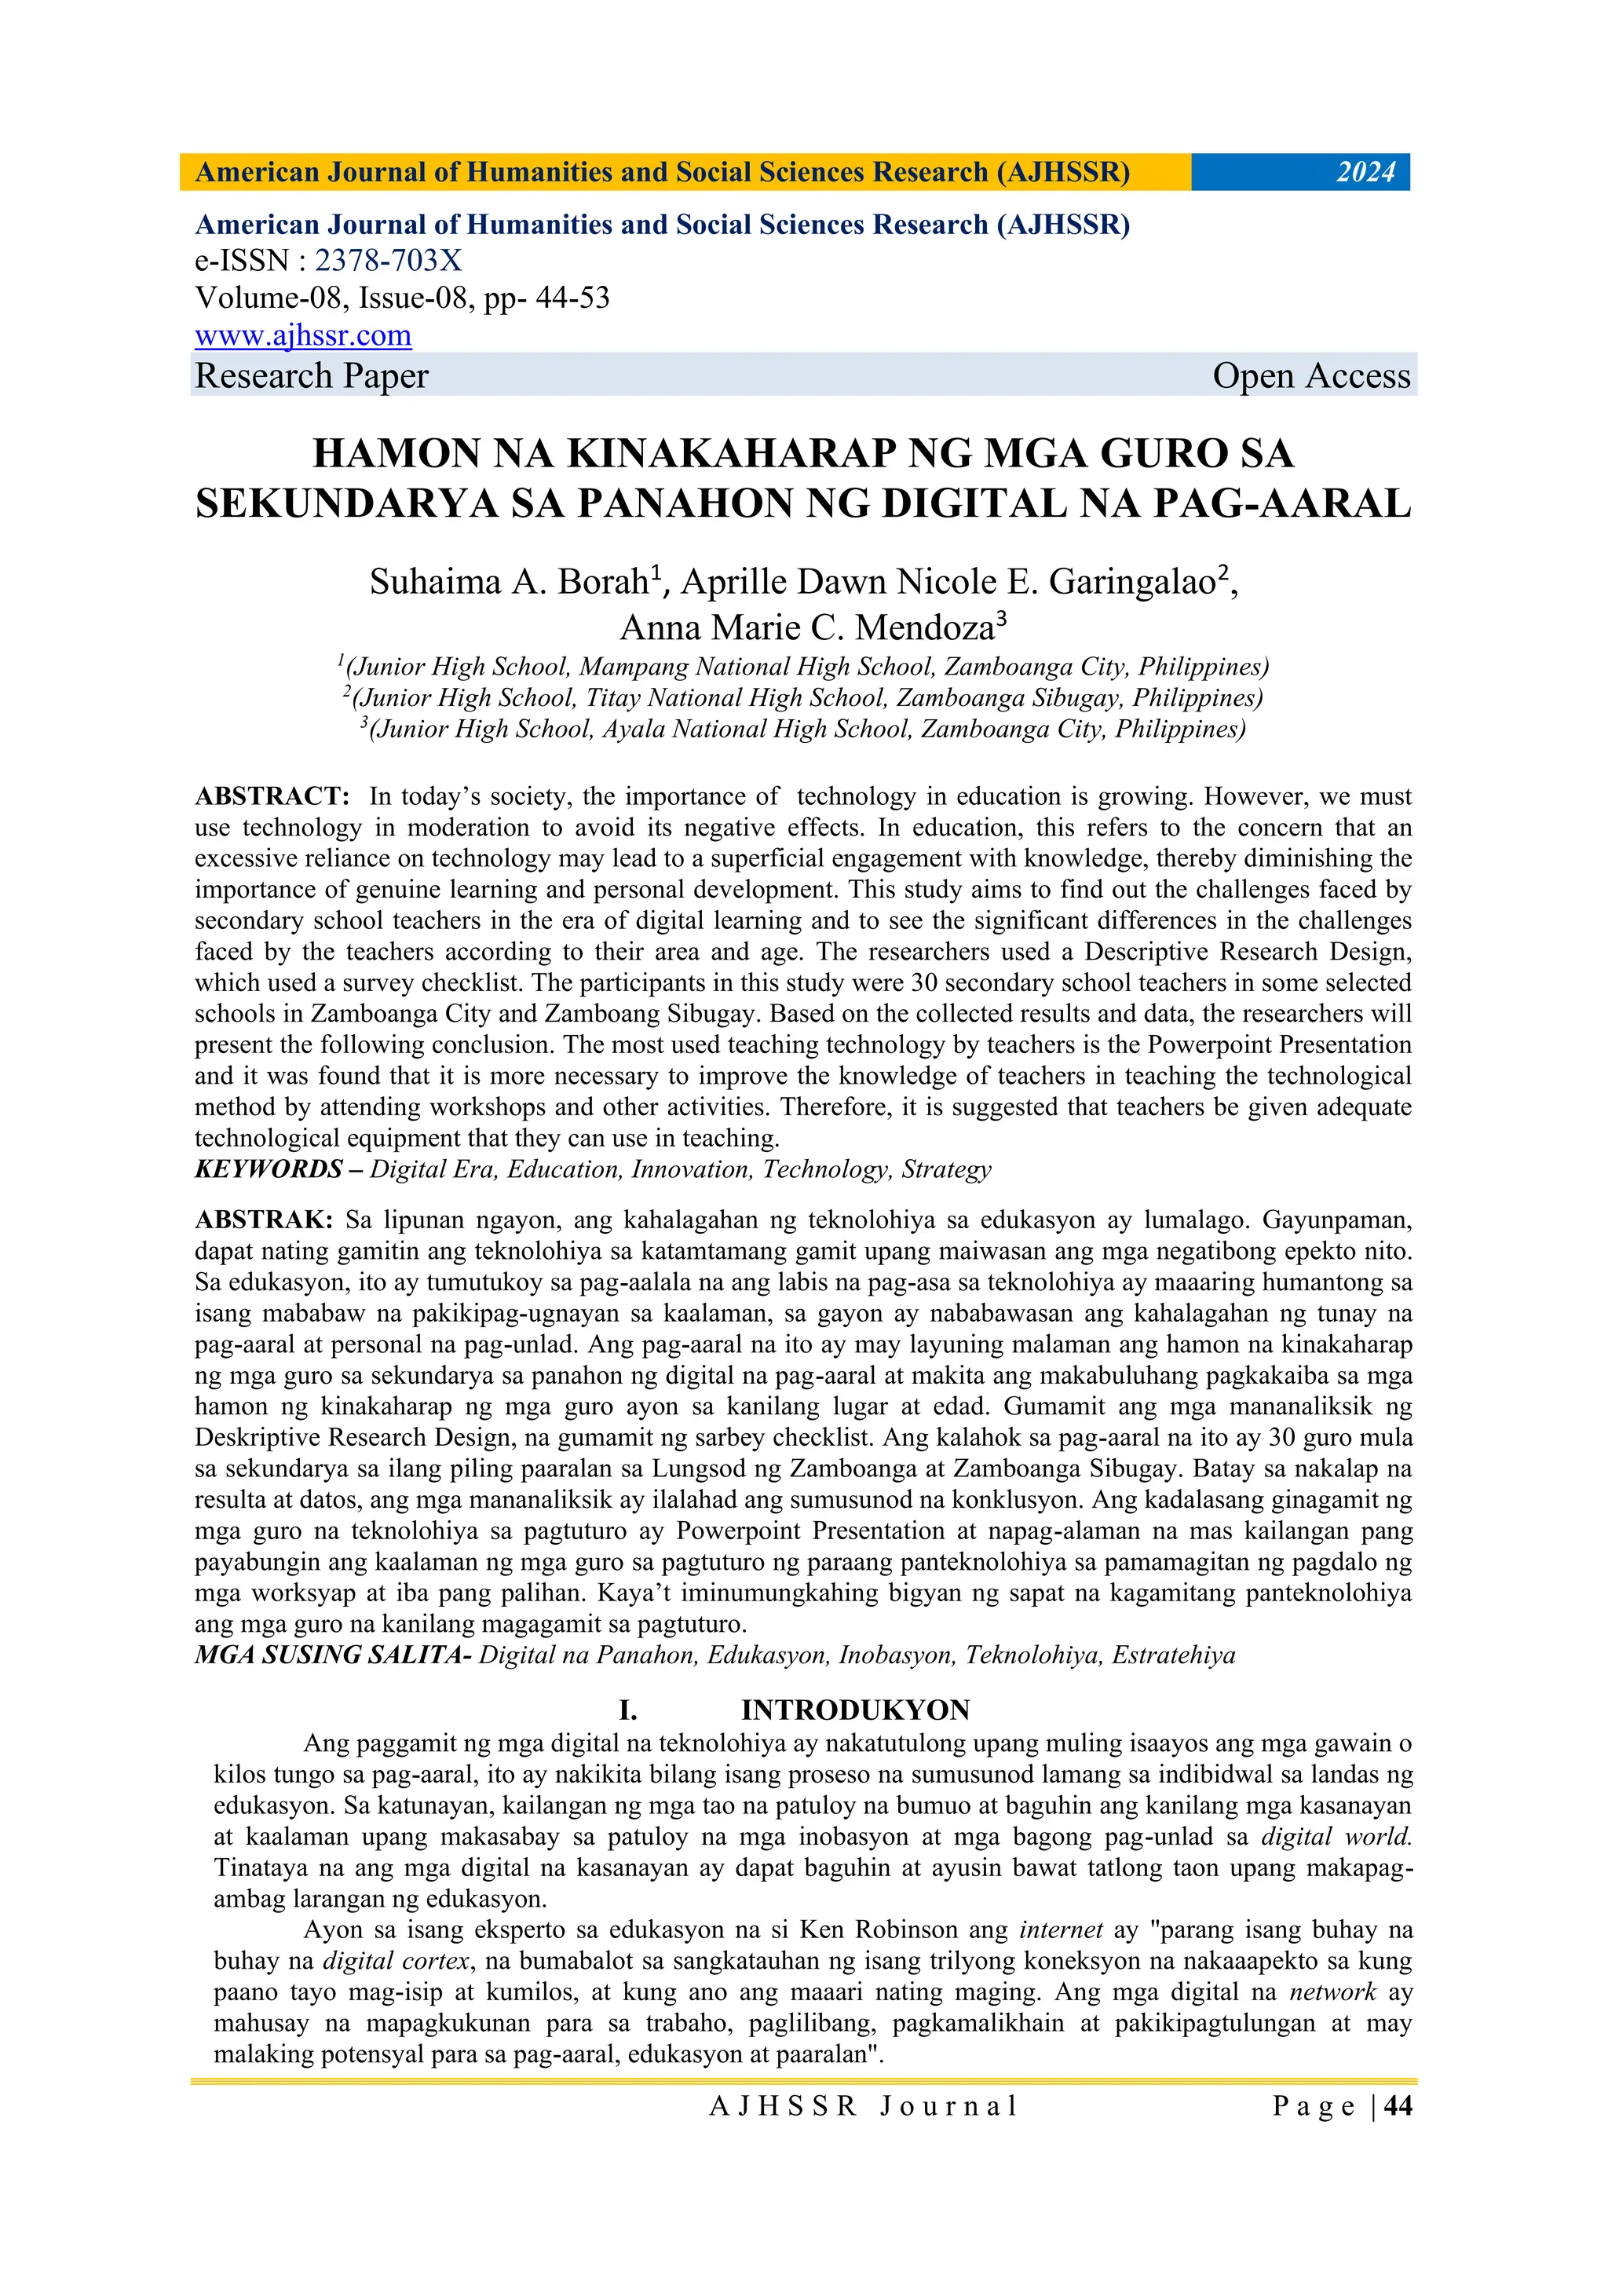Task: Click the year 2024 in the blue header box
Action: [1365, 173]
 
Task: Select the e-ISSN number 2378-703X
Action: [389, 261]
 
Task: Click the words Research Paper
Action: [311, 376]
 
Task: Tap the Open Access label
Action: [1310, 376]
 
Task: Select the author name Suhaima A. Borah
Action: [510, 583]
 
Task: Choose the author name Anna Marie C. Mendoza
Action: [806, 628]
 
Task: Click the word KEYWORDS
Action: [269, 1169]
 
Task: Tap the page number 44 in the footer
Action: [1398, 2105]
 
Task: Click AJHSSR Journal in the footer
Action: [863, 2105]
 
